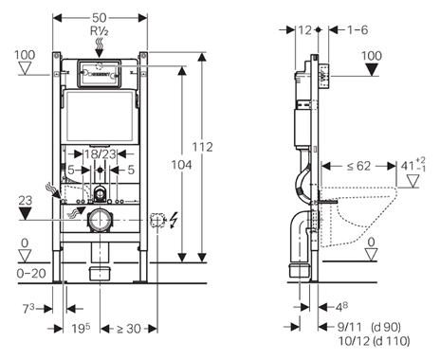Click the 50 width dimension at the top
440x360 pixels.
point(100,18)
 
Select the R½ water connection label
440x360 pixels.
point(100,31)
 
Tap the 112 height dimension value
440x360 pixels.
point(203,147)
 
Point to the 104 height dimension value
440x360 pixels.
point(181,165)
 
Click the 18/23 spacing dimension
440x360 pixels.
point(100,154)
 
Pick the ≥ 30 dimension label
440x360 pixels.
point(129,329)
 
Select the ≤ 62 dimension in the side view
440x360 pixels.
point(358,166)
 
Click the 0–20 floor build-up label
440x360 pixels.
point(31,273)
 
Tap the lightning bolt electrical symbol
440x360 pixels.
point(174,220)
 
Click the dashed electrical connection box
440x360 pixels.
point(157,220)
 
